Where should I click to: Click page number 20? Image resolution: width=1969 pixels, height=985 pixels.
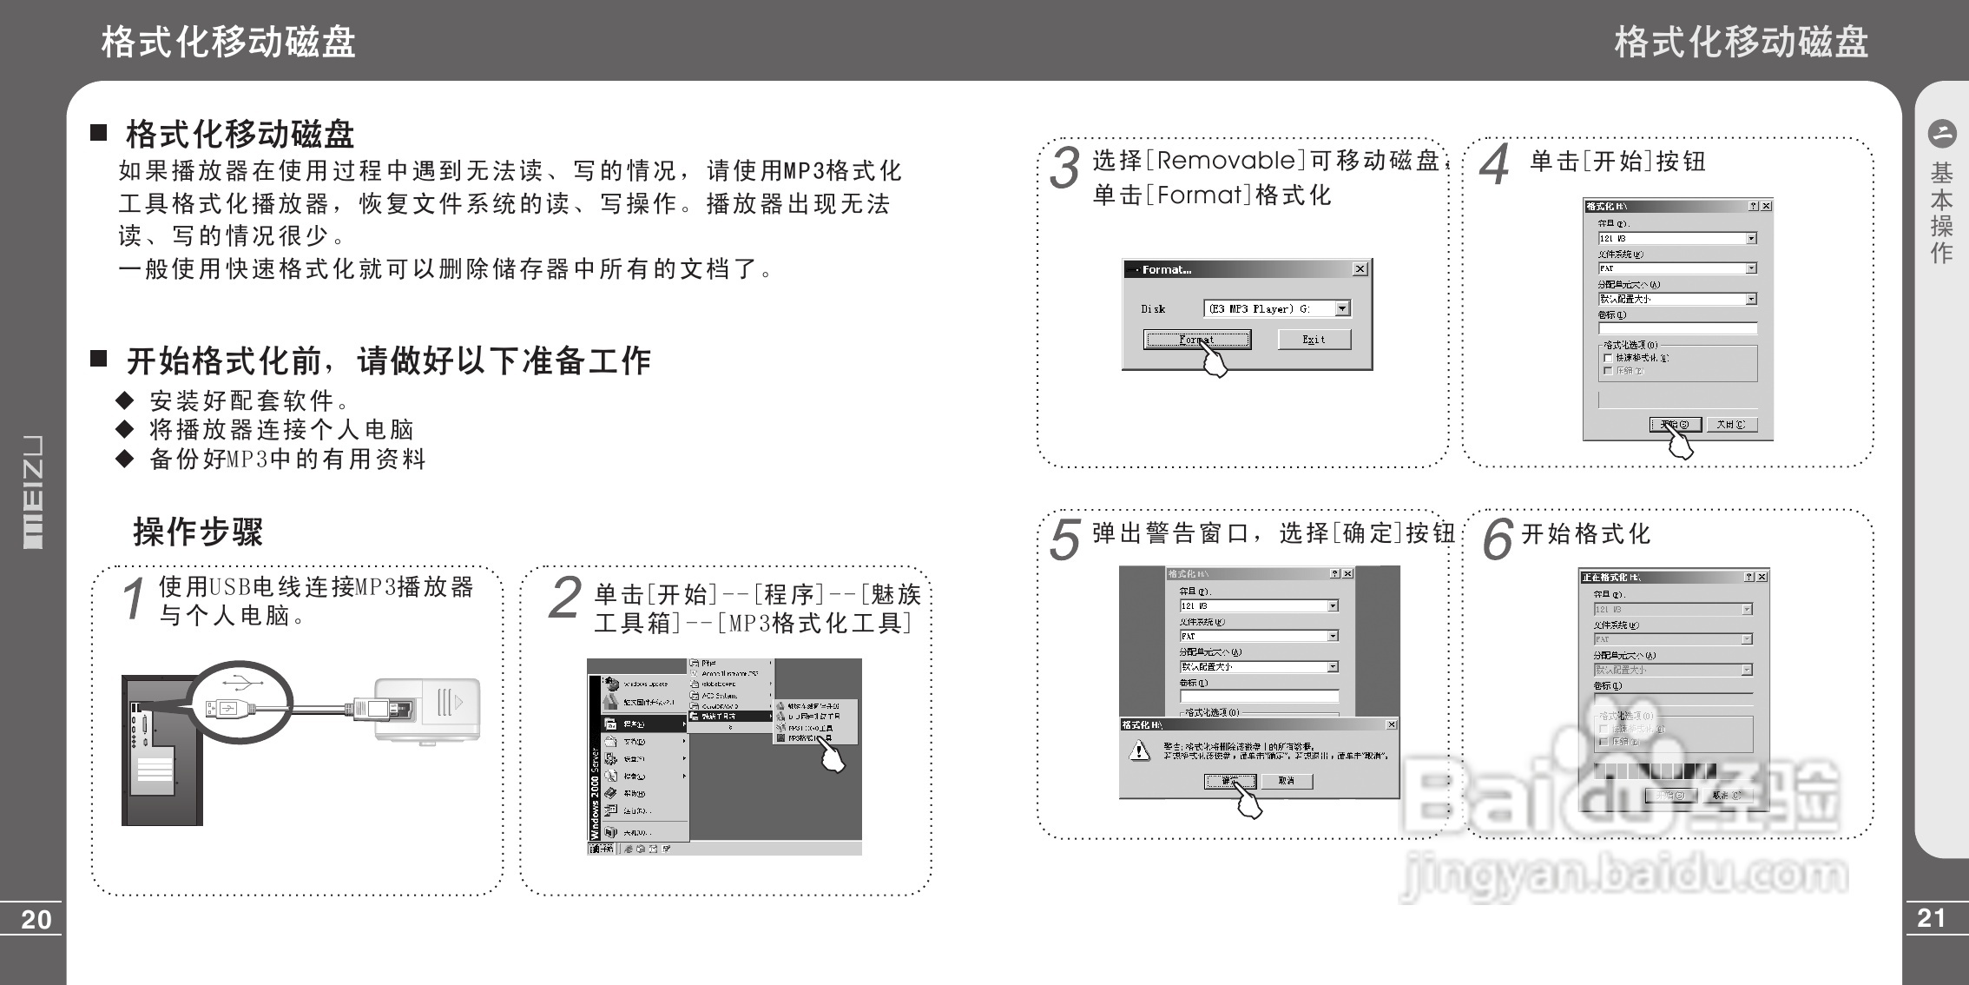click(36, 920)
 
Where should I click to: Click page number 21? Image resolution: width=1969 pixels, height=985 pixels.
click(1932, 918)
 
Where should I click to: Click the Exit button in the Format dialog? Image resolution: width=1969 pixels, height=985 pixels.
click(1314, 340)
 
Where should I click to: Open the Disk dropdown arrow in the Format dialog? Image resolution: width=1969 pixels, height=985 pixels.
click(1342, 308)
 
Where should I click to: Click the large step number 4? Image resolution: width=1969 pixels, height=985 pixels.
click(1494, 165)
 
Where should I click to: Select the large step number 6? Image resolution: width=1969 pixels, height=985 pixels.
click(1498, 539)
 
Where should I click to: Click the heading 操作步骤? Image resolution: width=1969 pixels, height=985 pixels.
click(198, 532)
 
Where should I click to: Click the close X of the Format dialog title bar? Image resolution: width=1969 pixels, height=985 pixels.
click(1360, 269)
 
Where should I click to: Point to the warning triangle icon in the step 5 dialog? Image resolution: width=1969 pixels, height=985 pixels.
click(1139, 751)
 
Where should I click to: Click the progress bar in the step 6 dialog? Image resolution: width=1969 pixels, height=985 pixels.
click(1655, 771)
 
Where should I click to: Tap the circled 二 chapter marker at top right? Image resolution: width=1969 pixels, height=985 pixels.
click(1941, 134)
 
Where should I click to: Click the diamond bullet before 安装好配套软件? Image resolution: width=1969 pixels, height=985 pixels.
click(125, 400)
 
